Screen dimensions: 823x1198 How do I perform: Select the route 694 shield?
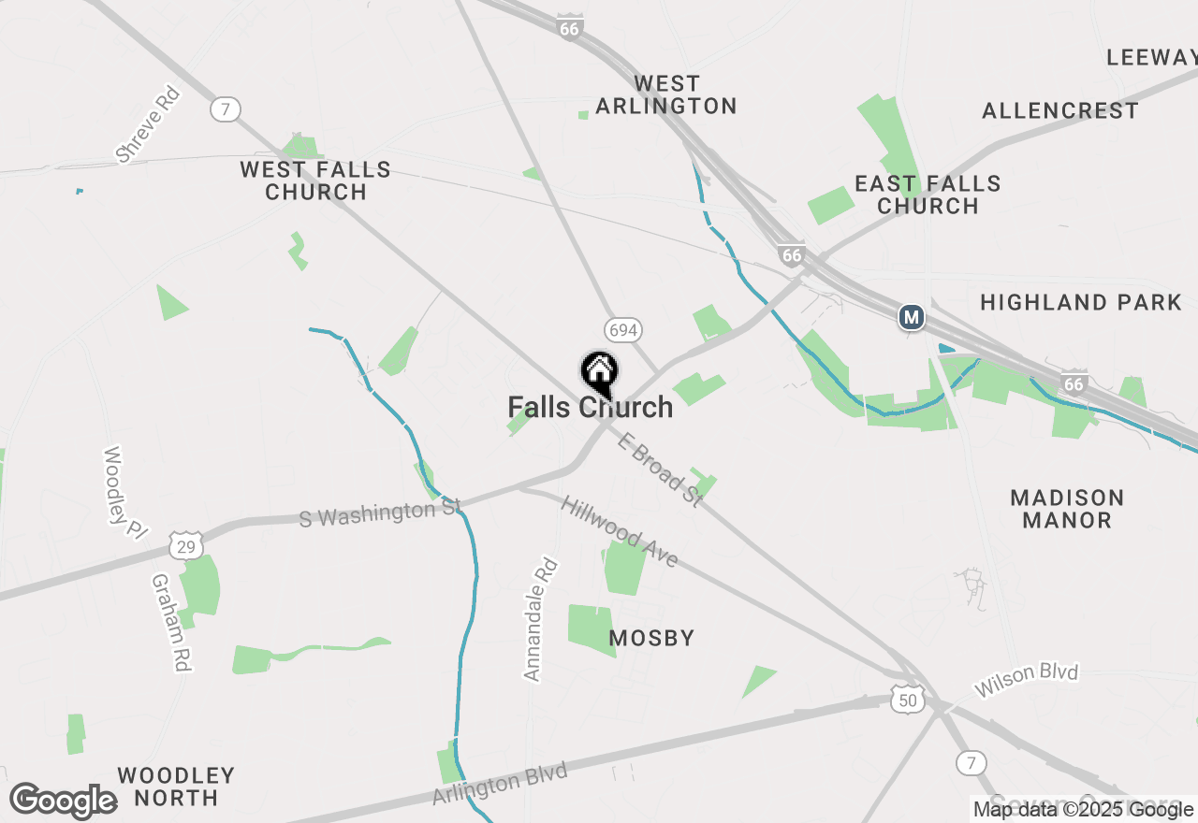623,329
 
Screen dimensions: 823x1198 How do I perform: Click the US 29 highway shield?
187,545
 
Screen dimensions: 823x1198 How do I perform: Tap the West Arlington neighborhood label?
666,95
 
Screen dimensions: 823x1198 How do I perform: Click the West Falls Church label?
315,180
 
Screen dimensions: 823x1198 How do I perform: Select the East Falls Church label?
928,195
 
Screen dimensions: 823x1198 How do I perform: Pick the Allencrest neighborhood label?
1060,111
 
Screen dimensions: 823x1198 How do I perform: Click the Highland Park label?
1081,302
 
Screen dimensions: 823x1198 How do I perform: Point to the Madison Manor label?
1067,509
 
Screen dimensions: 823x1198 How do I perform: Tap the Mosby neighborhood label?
652,639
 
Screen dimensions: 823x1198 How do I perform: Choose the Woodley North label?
176,787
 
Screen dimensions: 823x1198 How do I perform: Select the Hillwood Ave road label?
620,531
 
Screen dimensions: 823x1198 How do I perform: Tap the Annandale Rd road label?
540,619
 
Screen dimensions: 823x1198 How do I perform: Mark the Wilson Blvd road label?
1026,681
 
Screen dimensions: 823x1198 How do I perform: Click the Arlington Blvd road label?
500,784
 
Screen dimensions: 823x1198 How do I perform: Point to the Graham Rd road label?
171,622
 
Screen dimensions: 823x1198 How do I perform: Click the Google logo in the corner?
63,801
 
